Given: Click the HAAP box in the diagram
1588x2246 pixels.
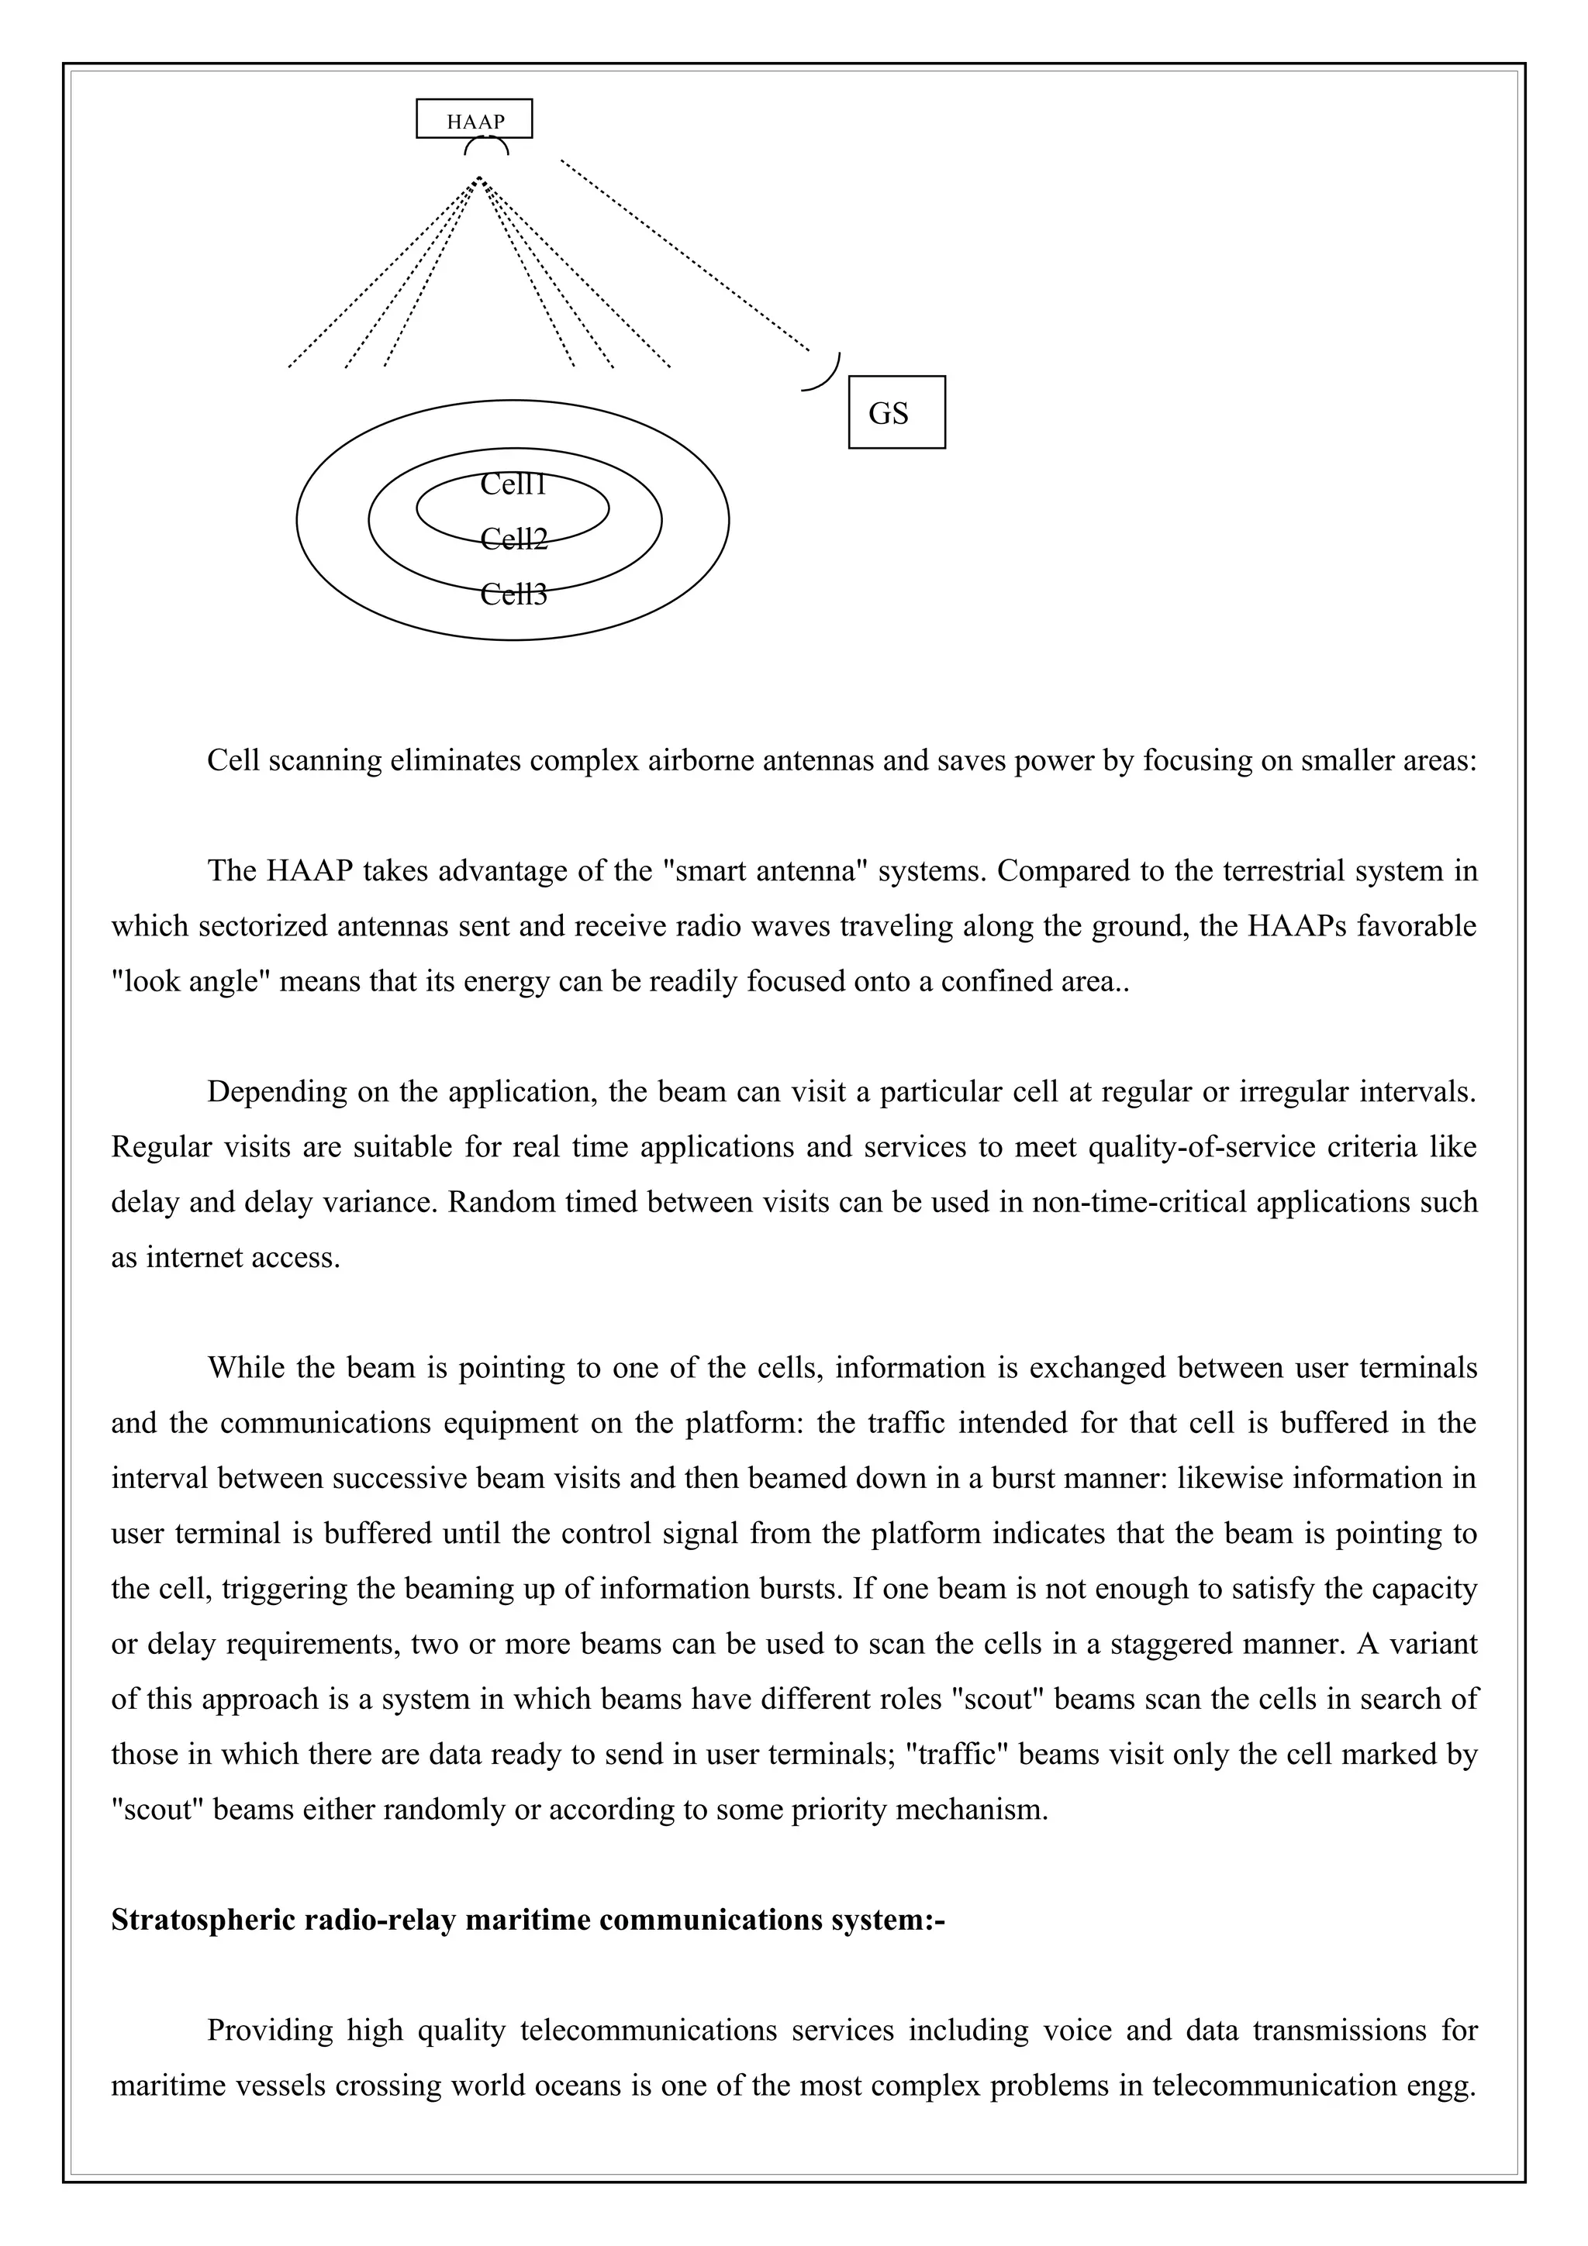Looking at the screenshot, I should click(x=475, y=119).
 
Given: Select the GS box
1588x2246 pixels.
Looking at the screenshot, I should click(x=896, y=413).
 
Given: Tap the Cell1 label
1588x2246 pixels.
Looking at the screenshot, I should click(x=513, y=484).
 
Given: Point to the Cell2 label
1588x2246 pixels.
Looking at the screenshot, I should click(x=513, y=539).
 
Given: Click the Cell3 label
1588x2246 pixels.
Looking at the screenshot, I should click(x=513, y=594).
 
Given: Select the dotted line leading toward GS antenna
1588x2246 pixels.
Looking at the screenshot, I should click(x=685, y=257).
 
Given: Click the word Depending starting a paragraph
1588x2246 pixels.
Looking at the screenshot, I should click(x=277, y=1092).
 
